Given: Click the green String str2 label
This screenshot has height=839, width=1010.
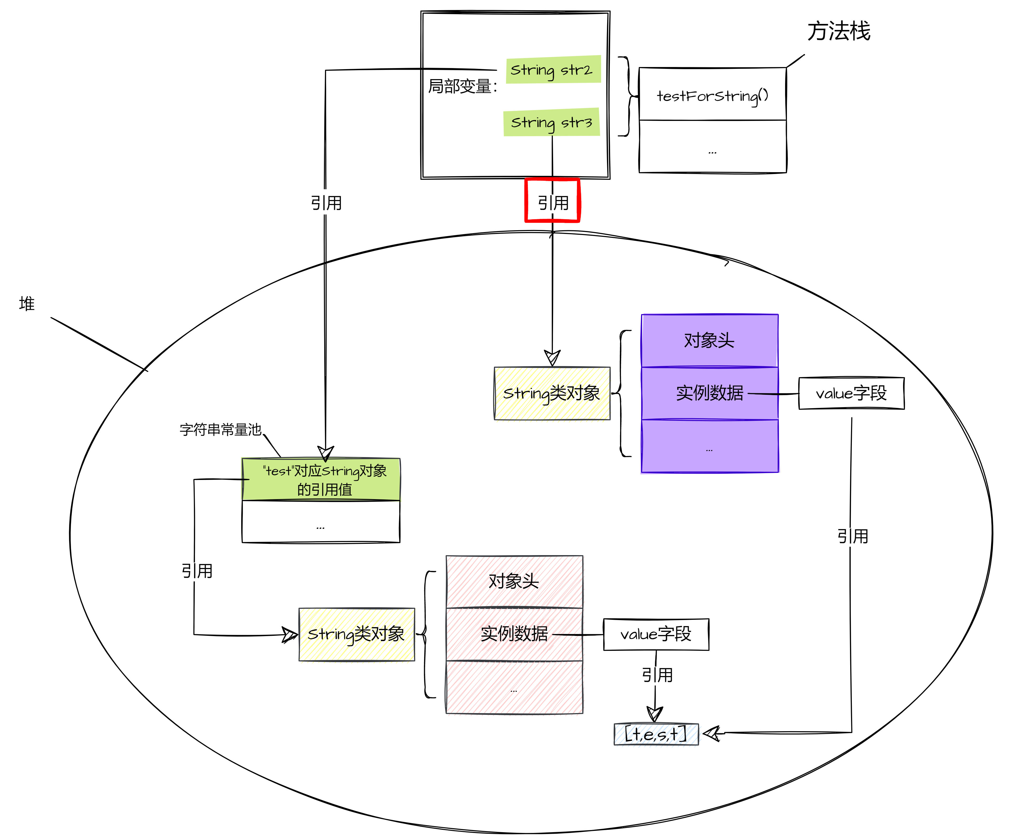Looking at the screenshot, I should click(553, 70).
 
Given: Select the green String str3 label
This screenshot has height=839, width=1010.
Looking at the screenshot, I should click(552, 122).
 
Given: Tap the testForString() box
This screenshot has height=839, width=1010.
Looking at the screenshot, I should click(713, 95).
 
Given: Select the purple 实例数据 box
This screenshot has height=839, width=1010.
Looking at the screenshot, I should click(709, 393).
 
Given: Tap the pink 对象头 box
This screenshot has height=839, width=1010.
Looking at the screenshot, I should click(514, 581).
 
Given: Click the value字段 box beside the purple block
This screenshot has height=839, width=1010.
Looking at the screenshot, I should click(851, 393).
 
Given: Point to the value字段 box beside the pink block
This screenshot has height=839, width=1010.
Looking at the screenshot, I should click(656, 634).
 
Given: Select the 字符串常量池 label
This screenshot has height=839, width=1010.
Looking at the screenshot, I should click(220, 429).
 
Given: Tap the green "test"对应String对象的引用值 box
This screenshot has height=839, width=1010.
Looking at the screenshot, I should click(321, 480).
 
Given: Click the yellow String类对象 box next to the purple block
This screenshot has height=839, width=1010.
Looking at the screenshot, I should click(552, 393).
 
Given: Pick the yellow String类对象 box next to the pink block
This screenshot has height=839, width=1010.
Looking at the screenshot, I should click(356, 634).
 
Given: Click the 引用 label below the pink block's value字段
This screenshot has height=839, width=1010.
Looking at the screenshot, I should click(657, 675).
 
